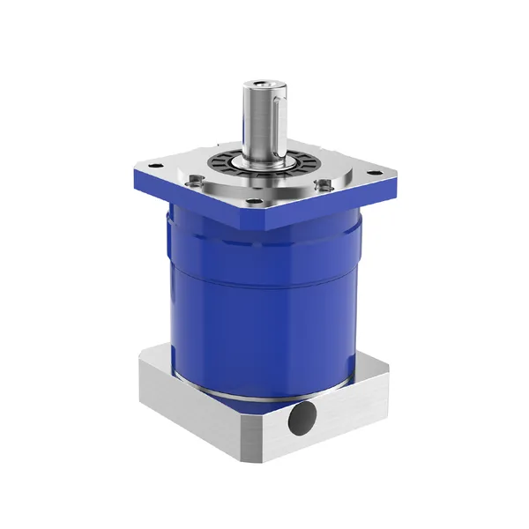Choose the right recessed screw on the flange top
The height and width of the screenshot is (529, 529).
[x=325, y=185]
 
